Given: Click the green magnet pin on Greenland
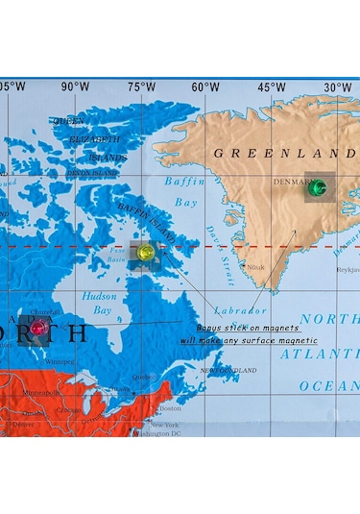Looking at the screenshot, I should (x=314, y=188).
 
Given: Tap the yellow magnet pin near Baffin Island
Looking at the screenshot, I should (x=145, y=252).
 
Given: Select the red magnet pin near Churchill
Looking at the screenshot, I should (x=38, y=328).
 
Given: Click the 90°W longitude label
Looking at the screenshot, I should (x=75, y=87).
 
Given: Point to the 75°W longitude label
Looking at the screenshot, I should (x=140, y=87).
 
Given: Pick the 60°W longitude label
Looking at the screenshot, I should (x=204, y=87).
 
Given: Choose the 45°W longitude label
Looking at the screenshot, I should (x=271, y=87).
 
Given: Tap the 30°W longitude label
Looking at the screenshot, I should (x=335, y=87).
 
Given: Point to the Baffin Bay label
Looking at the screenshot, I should (x=185, y=191).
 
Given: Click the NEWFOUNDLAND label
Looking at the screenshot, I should (x=228, y=370).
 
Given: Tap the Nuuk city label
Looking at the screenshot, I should (x=254, y=267).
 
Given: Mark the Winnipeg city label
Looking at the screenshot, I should (x=60, y=362).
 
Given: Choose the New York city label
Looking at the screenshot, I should (x=164, y=425).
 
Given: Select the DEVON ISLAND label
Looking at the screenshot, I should (x=90, y=173).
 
